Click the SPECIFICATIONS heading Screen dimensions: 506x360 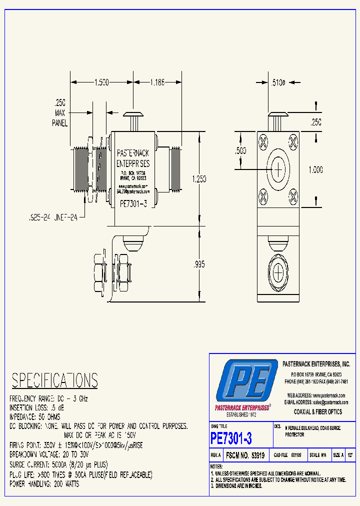pos(54,381)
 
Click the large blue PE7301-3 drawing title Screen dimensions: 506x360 pos(231,438)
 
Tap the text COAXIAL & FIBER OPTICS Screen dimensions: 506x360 pos(317,411)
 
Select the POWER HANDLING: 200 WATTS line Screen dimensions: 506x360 pos(44,484)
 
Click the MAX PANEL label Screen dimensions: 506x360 pos(60,114)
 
